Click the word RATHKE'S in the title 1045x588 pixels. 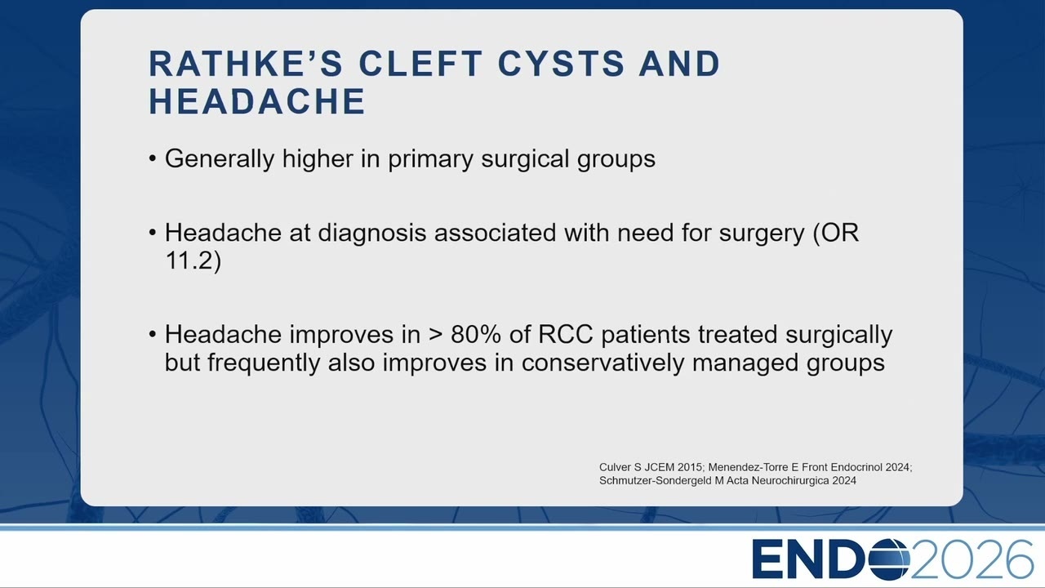click(x=246, y=63)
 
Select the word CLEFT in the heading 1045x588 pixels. click(x=420, y=63)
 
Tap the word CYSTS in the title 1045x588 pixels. click(x=561, y=63)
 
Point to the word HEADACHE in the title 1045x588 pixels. click(x=257, y=101)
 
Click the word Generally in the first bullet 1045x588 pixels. click(x=220, y=159)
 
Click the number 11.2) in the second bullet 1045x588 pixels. click(x=193, y=261)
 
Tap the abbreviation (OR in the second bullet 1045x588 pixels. click(x=835, y=233)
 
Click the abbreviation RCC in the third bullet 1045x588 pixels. click(x=565, y=335)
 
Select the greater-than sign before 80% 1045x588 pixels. click(x=435, y=335)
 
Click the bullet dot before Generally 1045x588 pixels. click(x=152, y=159)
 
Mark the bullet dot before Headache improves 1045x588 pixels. click(x=152, y=335)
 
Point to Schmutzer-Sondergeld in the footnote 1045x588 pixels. click(x=656, y=481)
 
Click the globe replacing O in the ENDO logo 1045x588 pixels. click(x=888, y=558)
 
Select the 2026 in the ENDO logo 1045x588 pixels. click(x=972, y=559)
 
